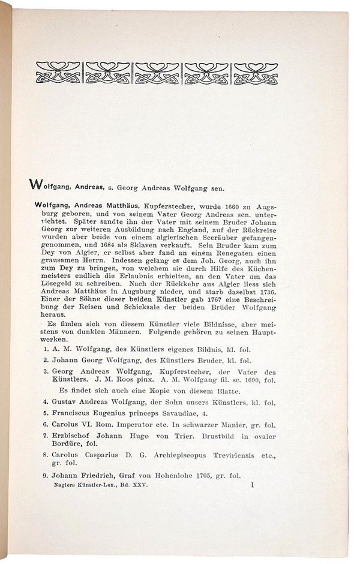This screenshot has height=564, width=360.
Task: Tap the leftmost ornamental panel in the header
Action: click(x=58, y=72)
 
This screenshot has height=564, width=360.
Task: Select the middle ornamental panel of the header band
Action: click(x=157, y=72)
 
